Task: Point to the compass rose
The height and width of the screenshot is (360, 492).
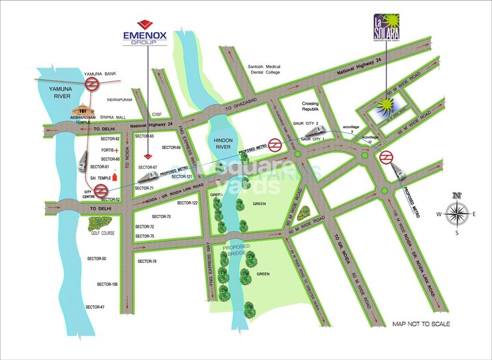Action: tap(456, 213)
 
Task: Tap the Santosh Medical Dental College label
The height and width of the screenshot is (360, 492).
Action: tap(263, 70)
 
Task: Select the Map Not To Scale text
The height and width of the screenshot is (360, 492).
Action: tap(421, 323)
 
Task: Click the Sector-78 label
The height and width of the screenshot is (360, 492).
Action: tap(147, 261)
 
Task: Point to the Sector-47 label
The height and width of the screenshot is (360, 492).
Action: tap(95, 307)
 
